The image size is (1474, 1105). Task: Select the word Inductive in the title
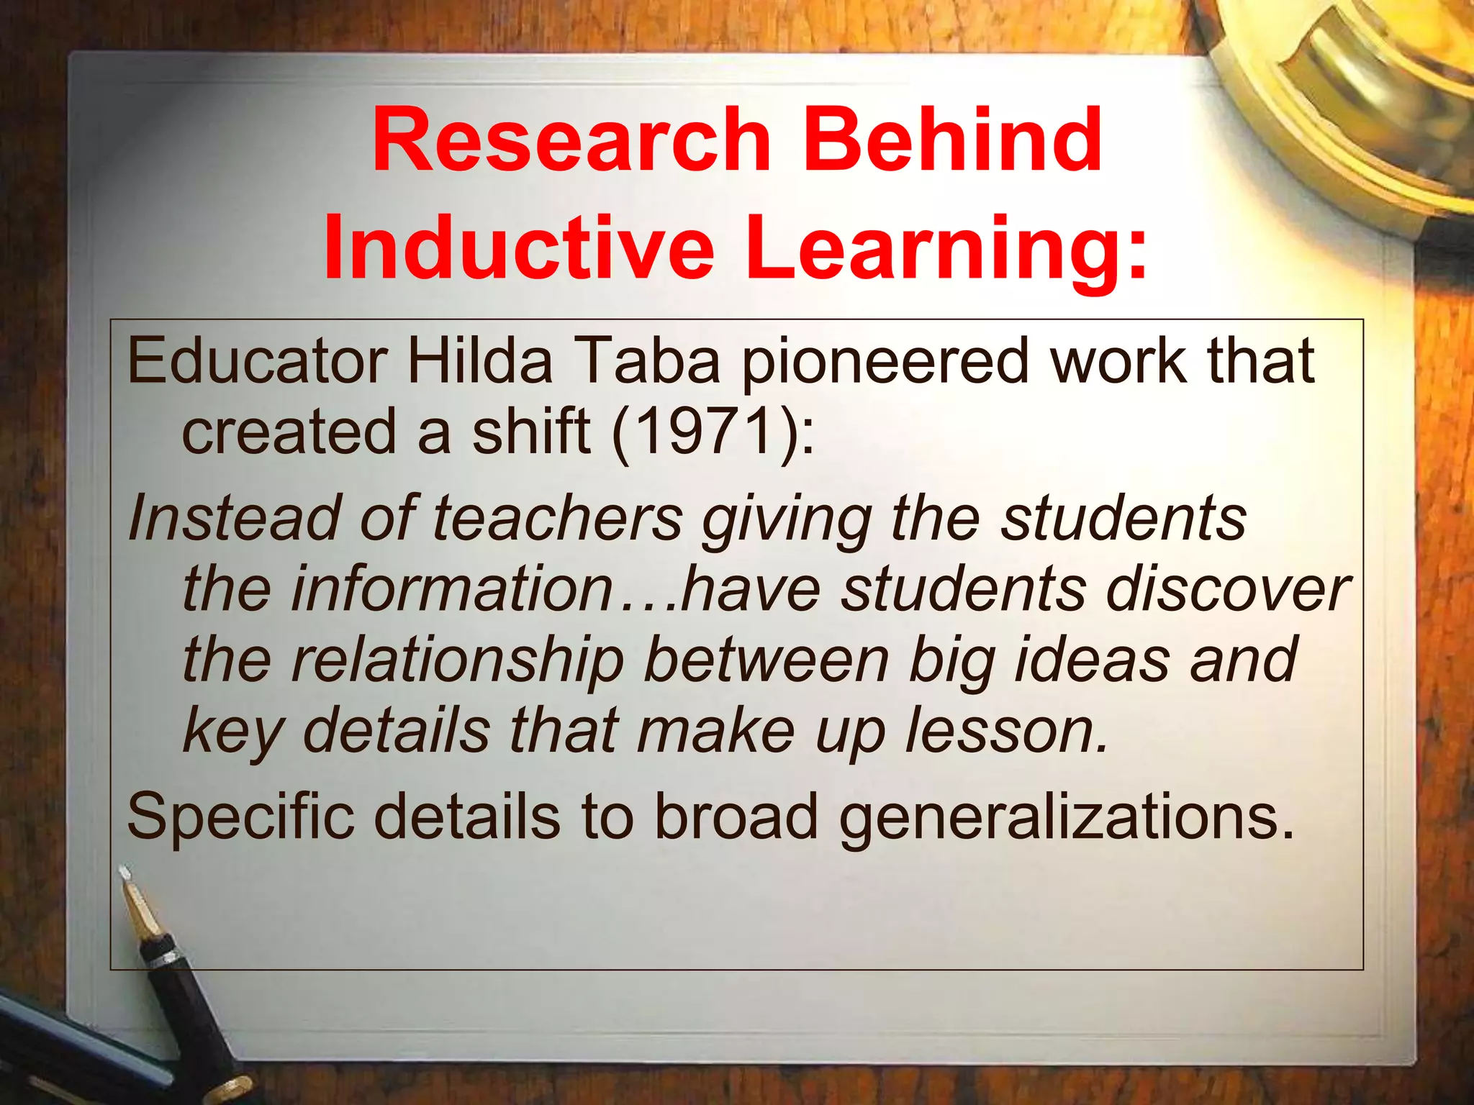click(518, 247)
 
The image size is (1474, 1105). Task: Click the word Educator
click(257, 361)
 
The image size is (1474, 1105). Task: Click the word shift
click(530, 432)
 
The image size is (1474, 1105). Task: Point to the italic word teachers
click(558, 518)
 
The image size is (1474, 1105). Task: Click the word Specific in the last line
click(240, 817)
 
